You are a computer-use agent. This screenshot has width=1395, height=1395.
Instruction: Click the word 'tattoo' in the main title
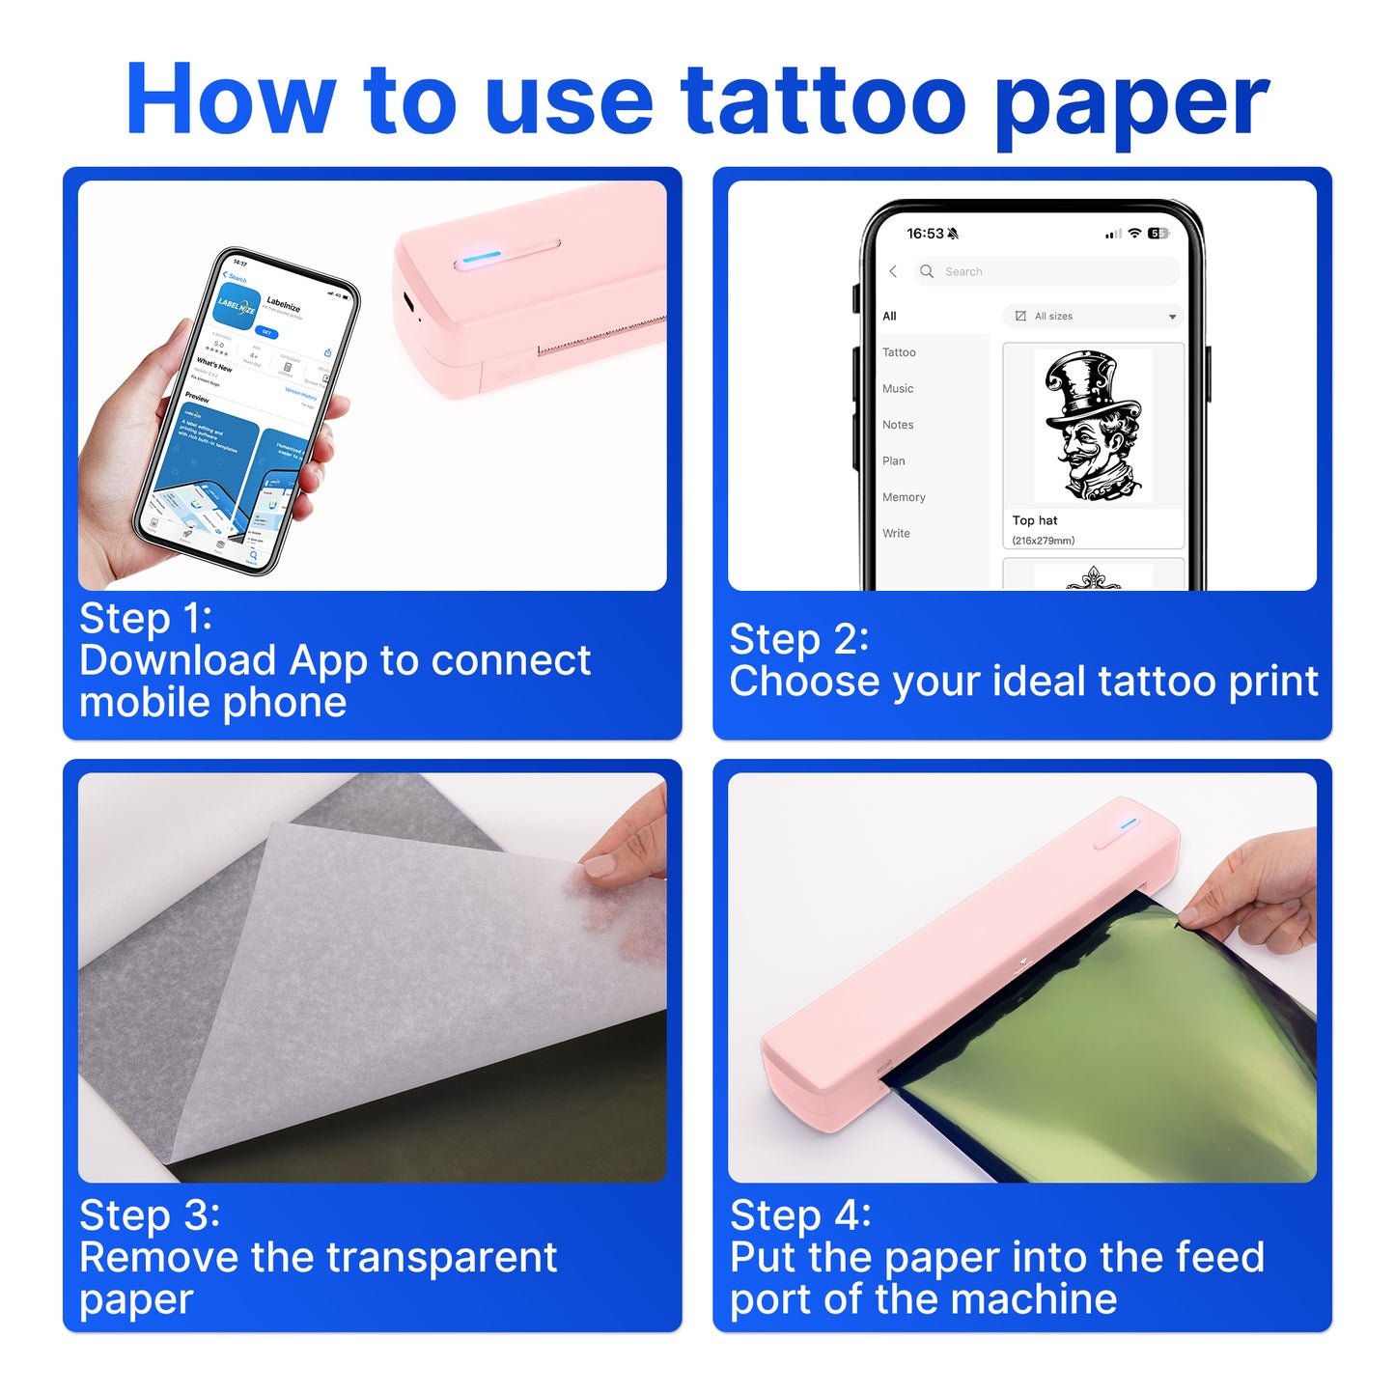point(823,100)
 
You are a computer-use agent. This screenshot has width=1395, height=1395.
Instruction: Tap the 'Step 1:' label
point(146,618)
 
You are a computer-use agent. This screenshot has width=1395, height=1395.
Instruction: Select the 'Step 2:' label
point(798,639)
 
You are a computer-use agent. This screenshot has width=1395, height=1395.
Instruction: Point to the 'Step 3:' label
point(150,1214)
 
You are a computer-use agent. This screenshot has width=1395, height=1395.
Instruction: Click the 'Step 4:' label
point(800,1214)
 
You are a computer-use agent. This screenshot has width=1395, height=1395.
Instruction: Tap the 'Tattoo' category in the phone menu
point(899,352)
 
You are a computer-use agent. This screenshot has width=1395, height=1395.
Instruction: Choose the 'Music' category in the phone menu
point(898,389)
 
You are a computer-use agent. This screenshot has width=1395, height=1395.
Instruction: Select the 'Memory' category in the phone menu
point(904,497)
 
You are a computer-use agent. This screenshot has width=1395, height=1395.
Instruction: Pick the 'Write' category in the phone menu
point(896,534)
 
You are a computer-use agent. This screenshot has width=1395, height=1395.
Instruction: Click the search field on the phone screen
point(1047,271)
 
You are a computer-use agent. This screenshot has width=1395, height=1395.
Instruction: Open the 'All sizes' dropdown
point(1095,317)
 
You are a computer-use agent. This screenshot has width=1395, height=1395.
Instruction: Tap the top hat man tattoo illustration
point(1093,426)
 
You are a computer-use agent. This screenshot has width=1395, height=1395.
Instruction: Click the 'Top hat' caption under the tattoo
point(1035,520)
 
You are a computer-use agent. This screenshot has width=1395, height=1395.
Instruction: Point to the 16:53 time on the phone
point(925,234)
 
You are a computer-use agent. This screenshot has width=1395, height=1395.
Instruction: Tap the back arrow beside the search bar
point(893,271)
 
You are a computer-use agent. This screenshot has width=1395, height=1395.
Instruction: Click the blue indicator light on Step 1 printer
point(482,257)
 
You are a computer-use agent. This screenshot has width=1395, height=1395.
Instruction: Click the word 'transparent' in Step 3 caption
point(441,1257)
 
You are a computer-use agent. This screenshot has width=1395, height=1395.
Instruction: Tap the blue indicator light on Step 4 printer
point(1130,823)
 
